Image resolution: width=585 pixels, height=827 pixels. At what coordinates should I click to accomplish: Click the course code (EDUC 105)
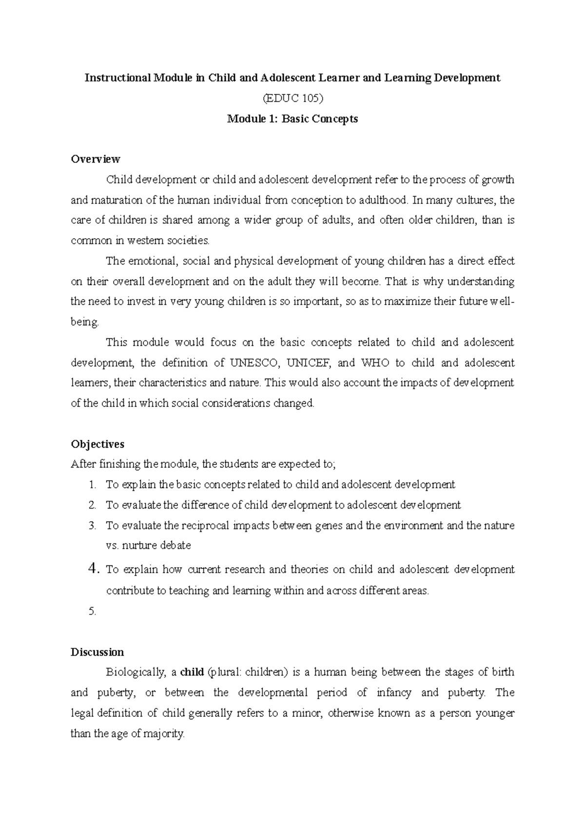292,98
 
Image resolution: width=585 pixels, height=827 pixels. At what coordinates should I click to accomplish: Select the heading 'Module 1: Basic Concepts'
292,119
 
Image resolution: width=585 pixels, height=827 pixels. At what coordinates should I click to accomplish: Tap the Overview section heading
96,159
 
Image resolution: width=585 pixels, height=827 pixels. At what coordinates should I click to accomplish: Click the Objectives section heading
97,444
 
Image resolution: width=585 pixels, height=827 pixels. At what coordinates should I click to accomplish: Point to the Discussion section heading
97,652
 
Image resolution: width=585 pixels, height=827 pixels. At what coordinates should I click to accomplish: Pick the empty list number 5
93,612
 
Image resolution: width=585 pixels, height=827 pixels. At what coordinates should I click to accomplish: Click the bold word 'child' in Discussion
192,673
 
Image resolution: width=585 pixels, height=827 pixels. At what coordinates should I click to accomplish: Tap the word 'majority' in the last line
165,734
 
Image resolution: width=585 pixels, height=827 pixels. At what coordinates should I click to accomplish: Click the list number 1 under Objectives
93,485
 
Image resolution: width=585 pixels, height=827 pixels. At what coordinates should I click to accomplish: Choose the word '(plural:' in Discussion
224,673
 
